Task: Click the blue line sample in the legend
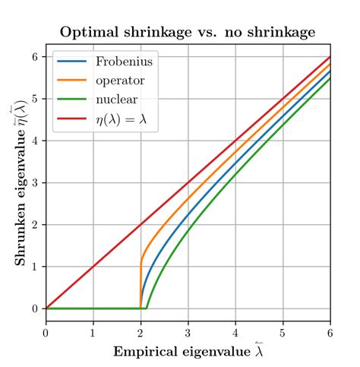coord(71,61)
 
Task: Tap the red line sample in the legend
coord(71,120)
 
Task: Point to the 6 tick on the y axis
coord(34,57)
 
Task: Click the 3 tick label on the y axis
coord(34,183)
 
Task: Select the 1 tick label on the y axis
coord(34,267)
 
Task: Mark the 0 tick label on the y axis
coord(34,308)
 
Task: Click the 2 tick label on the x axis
coord(141,333)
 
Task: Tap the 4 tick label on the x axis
coord(235,333)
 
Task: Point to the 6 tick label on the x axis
coord(330,333)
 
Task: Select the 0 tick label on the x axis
coord(46,333)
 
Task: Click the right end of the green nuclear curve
coord(330,78)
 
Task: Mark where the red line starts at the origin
coord(46,308)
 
